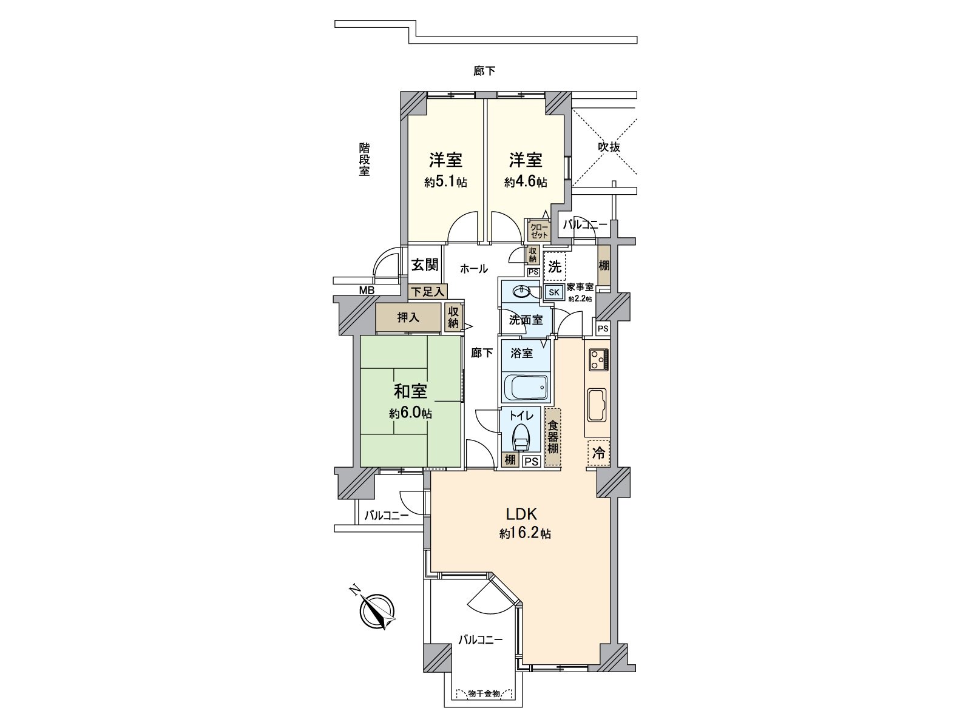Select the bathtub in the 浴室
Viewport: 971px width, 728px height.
coord(526,387)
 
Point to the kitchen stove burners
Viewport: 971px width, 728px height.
coord(598,360)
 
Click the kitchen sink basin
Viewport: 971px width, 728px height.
coord(597,405)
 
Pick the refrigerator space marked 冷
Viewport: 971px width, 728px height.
coord(598,453)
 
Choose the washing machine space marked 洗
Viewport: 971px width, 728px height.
coord(555,266)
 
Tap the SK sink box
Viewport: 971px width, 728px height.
coord(554,292)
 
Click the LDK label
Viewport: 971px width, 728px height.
coord(521,514)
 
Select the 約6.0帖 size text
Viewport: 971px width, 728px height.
coord(410,413)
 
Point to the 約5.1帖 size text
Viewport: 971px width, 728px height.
coord(445,182)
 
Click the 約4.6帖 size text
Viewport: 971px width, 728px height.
coord(526,182)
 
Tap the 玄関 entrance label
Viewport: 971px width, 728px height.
coord(425,265)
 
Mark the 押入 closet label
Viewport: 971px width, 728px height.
coord(408,317)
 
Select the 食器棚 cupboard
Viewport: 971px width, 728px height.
coord(552,437)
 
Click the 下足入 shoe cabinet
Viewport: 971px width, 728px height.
coord(428,292)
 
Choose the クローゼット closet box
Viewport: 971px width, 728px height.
coord(539,231)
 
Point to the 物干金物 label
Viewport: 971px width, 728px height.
coord(484,706)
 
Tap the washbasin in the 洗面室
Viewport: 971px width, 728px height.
coord(521,291)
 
